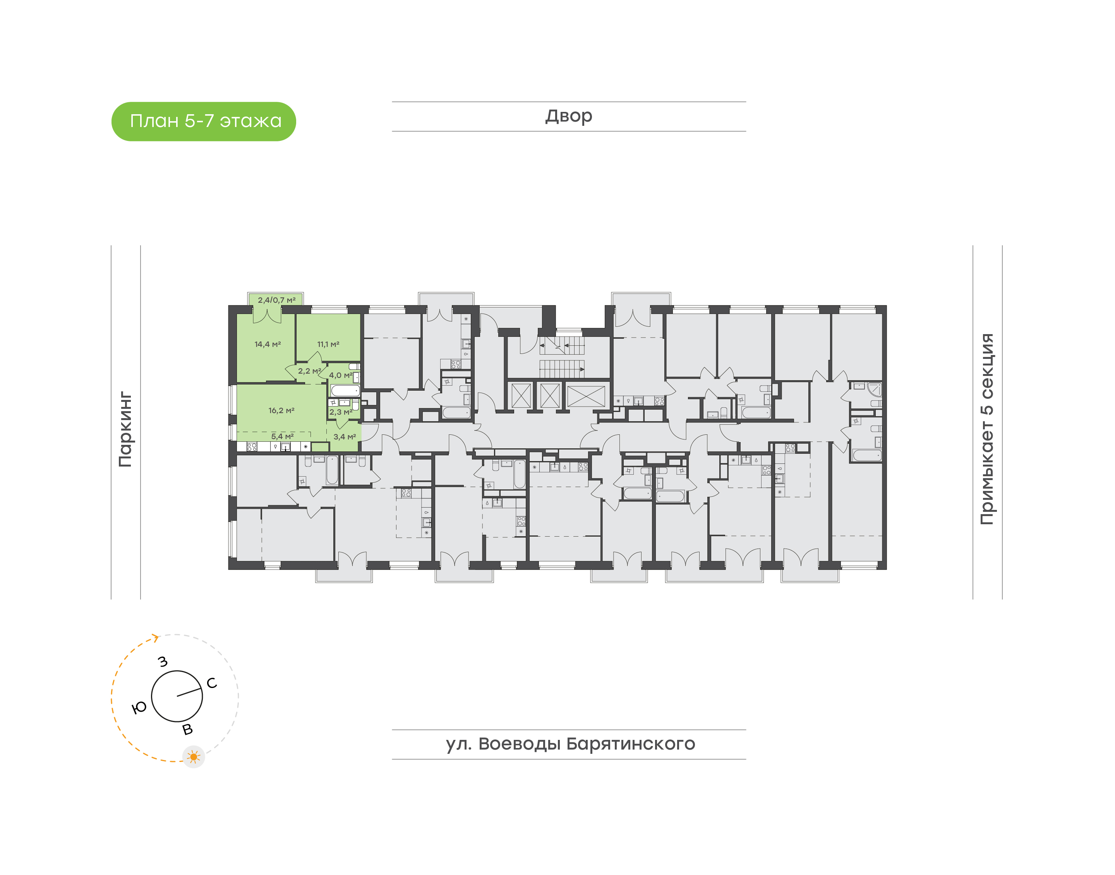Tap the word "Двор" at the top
[568, 116]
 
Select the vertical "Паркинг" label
[125, 429]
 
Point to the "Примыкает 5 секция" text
[986, 429]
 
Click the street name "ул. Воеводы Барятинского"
[570, 743]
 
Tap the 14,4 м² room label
[268, 344]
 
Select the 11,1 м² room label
[328, 344]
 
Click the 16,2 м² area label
[281, 410]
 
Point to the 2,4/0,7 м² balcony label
[276, 300]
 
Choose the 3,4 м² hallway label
[345, 437]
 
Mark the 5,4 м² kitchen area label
[282, 436]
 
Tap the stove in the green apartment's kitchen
[252, 447]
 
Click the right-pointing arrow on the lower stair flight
[582, 369]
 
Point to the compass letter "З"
[163, 662]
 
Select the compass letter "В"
[187, 729]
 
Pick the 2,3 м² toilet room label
[341, 412]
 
